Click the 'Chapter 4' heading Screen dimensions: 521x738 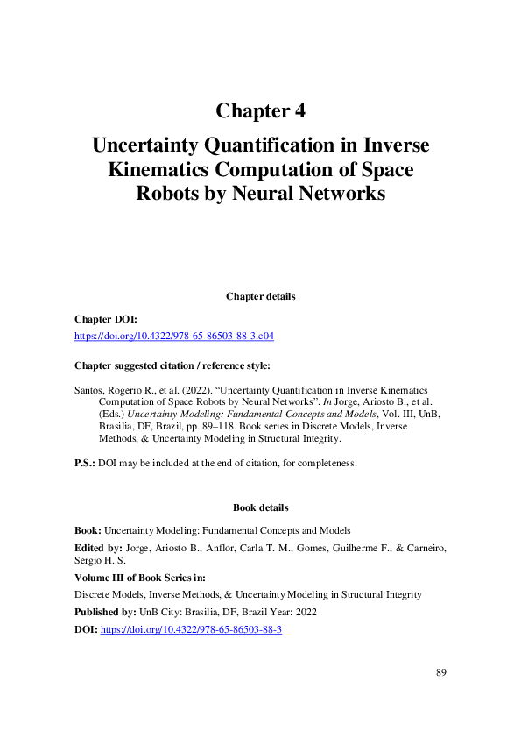point(260,111)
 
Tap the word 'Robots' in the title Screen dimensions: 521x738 point(167,193)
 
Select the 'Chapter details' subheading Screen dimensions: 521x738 point(260,296)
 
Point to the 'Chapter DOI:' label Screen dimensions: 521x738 point(105,320)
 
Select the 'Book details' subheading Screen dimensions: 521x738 point(260,507)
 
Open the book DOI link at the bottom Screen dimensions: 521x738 point(191,629)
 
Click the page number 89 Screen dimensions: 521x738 point(441,672)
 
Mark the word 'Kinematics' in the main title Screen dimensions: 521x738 point(167,169)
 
